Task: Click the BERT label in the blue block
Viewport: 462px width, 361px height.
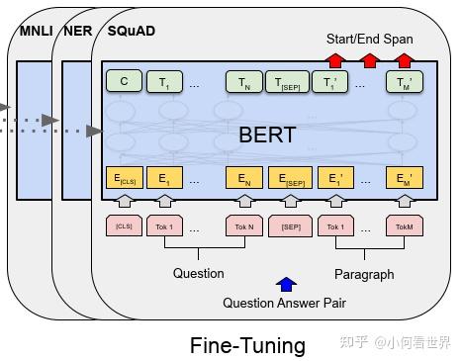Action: coord(268,135)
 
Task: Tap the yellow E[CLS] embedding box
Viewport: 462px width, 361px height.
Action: coord(124,179)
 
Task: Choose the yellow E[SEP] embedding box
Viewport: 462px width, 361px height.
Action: coord(290,179)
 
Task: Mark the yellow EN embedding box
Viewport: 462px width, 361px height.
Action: coord(243,179)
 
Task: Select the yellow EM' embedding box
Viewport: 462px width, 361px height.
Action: coord(404,179)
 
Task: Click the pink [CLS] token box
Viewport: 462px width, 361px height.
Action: coord(124,226)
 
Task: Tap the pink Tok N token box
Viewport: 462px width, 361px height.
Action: coord(243,226)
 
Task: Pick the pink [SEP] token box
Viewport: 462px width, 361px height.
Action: coord(290,226)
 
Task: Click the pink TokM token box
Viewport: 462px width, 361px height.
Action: coord(404,226)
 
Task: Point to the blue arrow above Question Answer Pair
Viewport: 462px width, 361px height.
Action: coord(286,285)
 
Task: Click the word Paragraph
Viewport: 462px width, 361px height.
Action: coord(364,274)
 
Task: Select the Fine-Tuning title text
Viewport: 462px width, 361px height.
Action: coord(247,344)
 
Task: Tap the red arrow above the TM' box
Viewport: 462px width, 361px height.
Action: coord(404,60)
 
